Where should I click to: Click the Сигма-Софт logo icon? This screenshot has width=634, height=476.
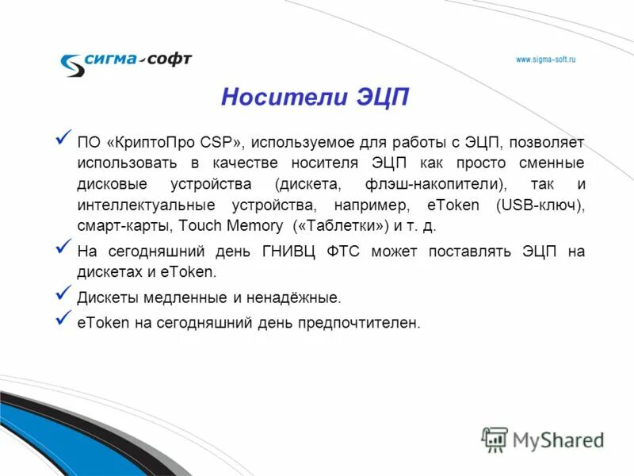tap(73, 63)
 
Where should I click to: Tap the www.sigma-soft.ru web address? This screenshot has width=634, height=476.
tap(545, 59)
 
